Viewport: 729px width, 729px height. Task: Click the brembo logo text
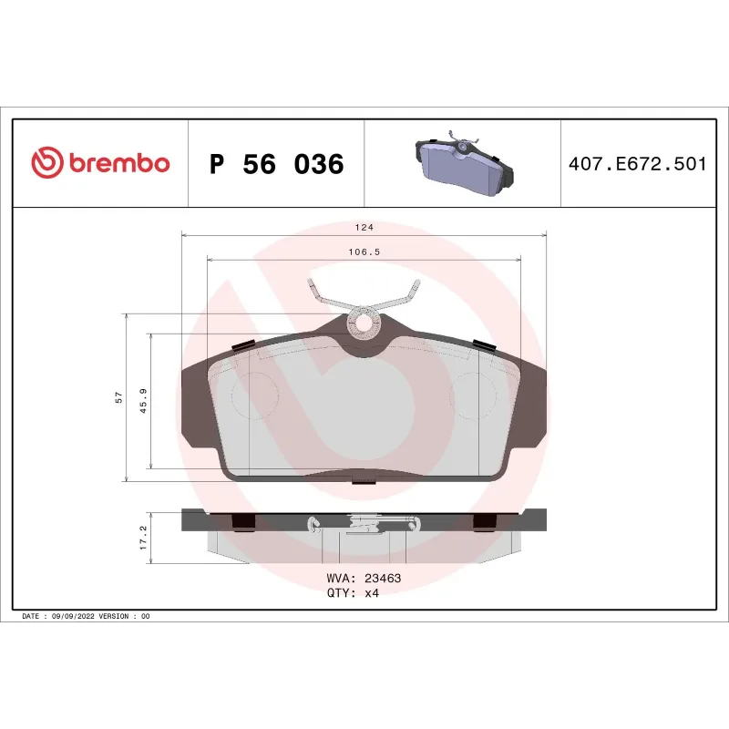click(x=118, y=164)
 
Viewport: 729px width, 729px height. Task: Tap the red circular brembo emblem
click(x=46, y=164)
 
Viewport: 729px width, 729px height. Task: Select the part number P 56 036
click(x=276, y=165)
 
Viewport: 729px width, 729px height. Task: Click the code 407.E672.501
click(x=638, y=165)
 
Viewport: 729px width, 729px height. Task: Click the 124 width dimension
click(x=364, y=227)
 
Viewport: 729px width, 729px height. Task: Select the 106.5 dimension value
click(x=364, y=253)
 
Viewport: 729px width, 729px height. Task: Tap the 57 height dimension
click(x=118, y=397)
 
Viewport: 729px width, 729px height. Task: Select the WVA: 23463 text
click(x=363, y=578)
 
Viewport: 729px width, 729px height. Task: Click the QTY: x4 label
click(x=352, y=592)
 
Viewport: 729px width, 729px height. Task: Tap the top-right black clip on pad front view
click(x=484, y=344)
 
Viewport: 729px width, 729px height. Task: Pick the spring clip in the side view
click(x=364, y=523)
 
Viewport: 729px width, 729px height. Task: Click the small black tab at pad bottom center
click(x=364, y=484)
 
